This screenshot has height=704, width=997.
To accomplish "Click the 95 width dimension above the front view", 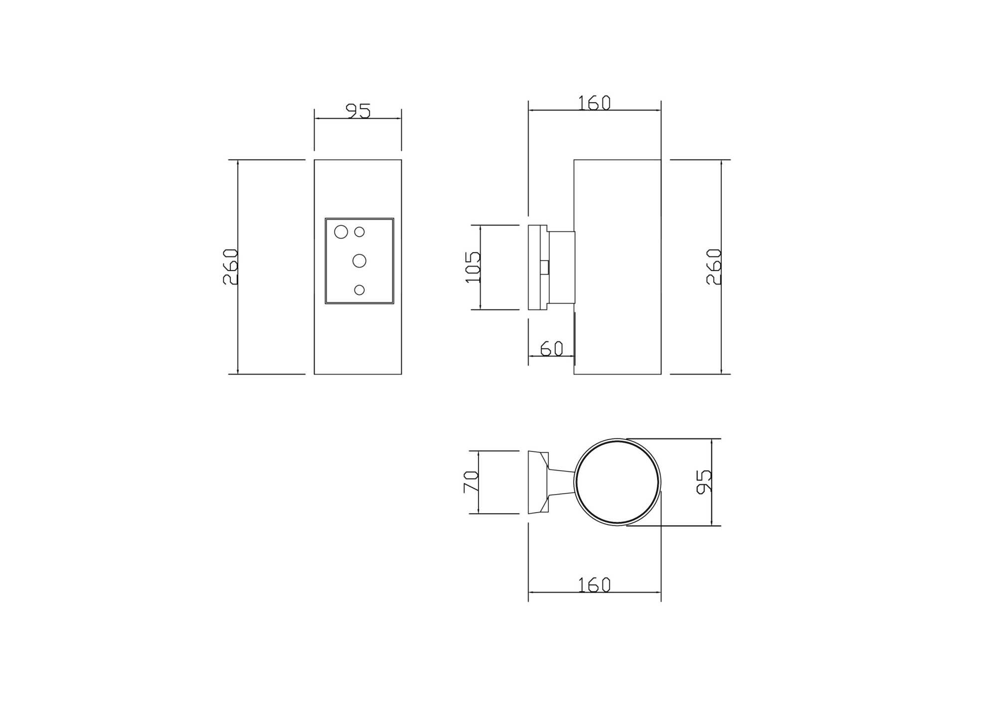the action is pos(358,111).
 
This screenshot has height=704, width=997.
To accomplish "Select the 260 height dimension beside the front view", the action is pos(230,267).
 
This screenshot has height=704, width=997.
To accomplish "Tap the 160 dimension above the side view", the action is pos(594,103).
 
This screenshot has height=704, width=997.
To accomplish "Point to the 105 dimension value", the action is pos(473,267).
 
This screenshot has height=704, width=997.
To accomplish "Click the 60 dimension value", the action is pos(552,349).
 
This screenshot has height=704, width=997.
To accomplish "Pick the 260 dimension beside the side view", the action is pos(714,267).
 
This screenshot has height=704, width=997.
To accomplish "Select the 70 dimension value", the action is pos(471,482).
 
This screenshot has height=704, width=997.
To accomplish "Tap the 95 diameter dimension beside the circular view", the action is pos(703,482).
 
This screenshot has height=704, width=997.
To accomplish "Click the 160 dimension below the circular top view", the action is pos(594,585).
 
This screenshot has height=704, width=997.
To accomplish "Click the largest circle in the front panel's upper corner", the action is pos(341,232).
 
